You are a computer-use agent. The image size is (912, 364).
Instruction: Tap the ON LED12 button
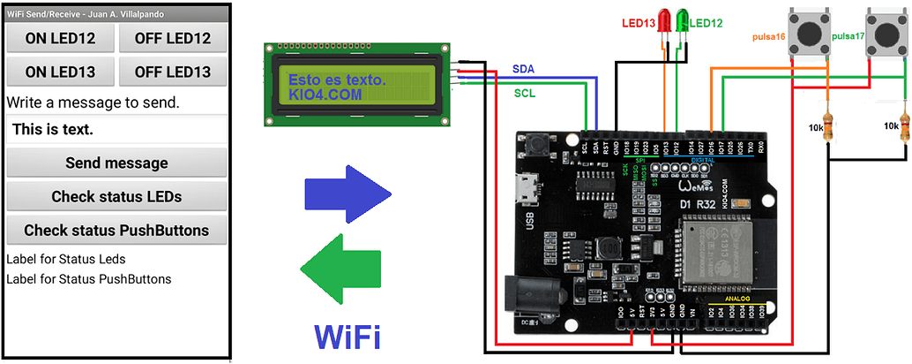[x=60, y=38]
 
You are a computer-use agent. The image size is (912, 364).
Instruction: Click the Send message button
[x=116, y=163]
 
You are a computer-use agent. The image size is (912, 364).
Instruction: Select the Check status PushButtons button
[x=116, y=230]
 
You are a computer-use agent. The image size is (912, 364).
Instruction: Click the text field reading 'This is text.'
[x=116, y=129]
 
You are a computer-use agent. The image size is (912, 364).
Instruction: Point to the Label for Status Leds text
[x=66, y=259]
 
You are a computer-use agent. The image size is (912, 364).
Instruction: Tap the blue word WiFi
[x=347, y=337]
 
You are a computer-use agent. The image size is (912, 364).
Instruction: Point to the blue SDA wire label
[x=523, y=68]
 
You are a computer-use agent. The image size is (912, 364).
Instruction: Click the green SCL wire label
[x=523, y=92]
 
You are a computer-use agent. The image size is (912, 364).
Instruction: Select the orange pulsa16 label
[x=769, y=37]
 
